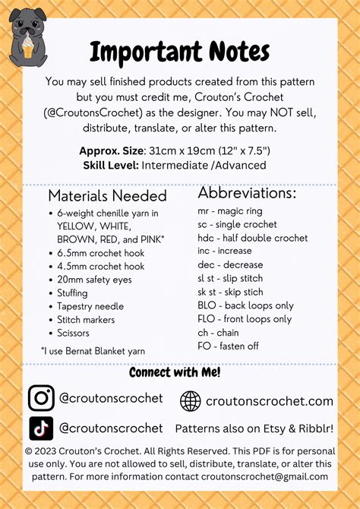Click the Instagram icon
(x=41, y=399)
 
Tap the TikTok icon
(x=41, y=428)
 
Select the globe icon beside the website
(x=191, y=401)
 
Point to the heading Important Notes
(x=179, y=52)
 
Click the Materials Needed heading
(x=107, y=195)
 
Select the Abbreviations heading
(x=247, y=192)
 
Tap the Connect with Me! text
(x=175, y=372)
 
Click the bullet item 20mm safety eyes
(x=94, y=280)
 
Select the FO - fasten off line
(x=229, y=346)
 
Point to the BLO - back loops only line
(x=245, y=306)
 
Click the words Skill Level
(x=110, y=166)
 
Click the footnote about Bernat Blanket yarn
(x=93, y=350)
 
